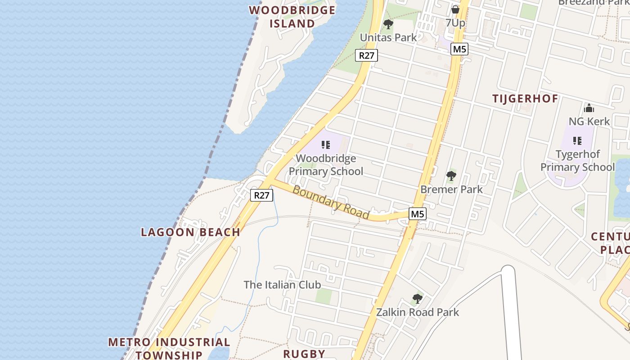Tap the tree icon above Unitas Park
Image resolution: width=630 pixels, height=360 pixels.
pyautogui.click(x=388, y=24)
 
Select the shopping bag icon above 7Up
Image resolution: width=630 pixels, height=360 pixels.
pyautogui.click(x=455, y=9)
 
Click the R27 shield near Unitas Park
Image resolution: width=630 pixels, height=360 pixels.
pyautogui.click(x=366, y=55)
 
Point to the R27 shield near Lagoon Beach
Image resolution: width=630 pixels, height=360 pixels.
pyautogui.click(x=261, y=195)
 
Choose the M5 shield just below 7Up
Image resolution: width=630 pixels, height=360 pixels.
pyautogui.click(x=459, y=49)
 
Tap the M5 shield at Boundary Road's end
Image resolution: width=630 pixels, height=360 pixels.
pyautogui.click(x=417, y=214)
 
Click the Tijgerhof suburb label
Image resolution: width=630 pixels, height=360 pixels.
pyautogui.click(x=525, y=99)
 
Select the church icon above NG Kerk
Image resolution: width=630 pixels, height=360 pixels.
pyautogui.click(x=589, y=108)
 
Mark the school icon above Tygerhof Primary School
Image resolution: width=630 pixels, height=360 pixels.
pyautogui.click(x=577, y=141)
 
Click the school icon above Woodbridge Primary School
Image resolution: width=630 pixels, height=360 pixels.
pyautogui.click(x=326, y=145)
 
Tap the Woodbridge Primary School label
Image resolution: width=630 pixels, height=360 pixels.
pyautogui.click(x=326, y=165)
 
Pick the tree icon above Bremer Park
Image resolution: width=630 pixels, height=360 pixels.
pyautogui.click(x=451, y=176)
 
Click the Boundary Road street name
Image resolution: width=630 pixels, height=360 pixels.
pyautogui.click(x=331, y=202)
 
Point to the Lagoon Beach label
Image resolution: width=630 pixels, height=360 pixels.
pyautogui.click(x=190, y=232)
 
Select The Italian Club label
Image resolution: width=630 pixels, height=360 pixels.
pyautogui.click(x=282, y=285)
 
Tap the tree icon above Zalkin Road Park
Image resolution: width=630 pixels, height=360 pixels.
pyautogui.click(x=417, y=298)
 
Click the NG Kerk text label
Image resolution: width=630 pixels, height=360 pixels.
pyautogui.click(x=589, y=121)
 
